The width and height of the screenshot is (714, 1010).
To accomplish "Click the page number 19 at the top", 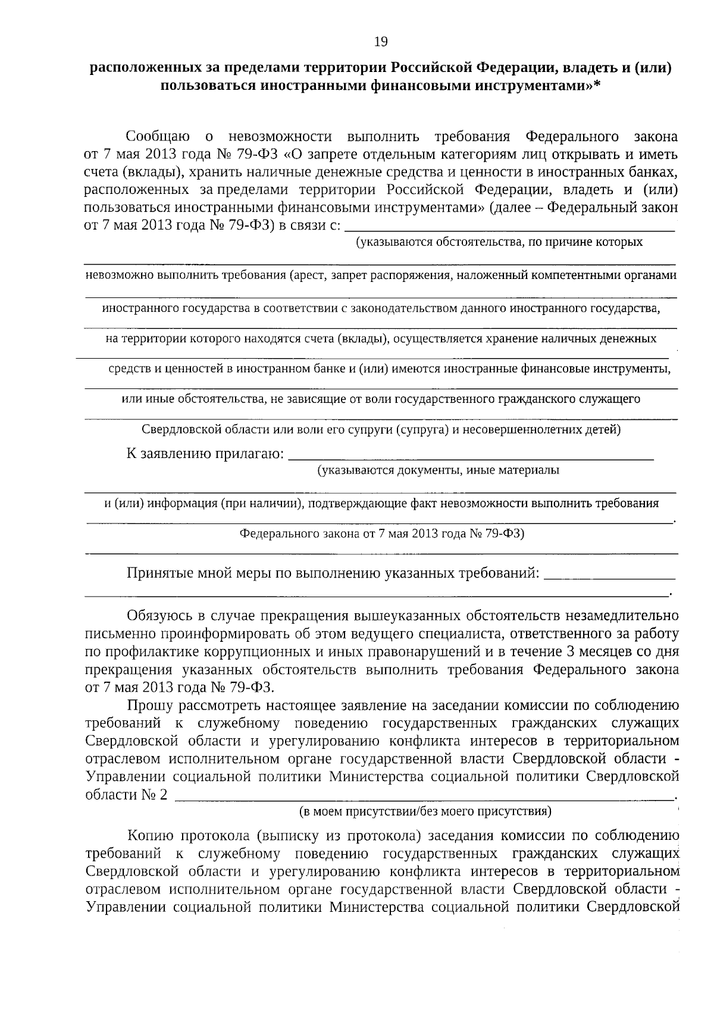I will [381, 41].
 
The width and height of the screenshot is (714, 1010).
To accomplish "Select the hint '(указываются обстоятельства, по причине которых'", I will [499, 242].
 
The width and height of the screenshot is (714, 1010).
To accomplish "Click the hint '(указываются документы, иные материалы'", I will [438, 471].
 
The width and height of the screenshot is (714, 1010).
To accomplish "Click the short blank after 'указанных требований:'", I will [609, 576].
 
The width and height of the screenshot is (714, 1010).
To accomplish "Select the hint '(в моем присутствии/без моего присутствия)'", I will [424, 811].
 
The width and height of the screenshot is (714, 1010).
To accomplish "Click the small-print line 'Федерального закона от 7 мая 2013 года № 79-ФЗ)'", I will [381, 534].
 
